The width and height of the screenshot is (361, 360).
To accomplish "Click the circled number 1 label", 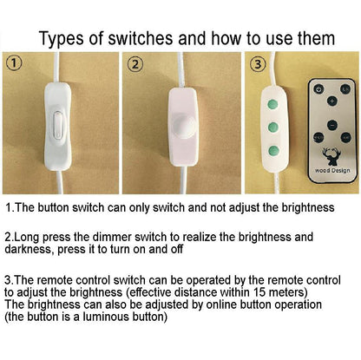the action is (15, 63).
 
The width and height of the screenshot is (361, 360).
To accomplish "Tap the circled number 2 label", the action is (135, 64).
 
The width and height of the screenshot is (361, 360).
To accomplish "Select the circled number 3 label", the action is (258, 64).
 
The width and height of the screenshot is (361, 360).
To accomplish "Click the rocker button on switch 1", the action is (58, 126).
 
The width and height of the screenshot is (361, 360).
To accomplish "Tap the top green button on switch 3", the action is (272, 104).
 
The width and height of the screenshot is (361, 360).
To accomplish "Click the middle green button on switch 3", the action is (272, 127).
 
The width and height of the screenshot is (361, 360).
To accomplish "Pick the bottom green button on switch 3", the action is (273, 150).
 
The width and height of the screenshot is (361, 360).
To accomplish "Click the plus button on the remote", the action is (332, 101).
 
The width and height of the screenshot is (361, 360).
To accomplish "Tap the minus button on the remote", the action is (332, 125).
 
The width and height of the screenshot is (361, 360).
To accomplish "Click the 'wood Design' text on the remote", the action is (332, 171).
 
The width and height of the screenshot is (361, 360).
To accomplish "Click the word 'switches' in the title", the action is (141, 38).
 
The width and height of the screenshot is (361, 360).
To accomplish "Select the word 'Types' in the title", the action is (62, 39).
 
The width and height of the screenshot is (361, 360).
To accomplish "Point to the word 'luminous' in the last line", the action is (105, 317).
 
